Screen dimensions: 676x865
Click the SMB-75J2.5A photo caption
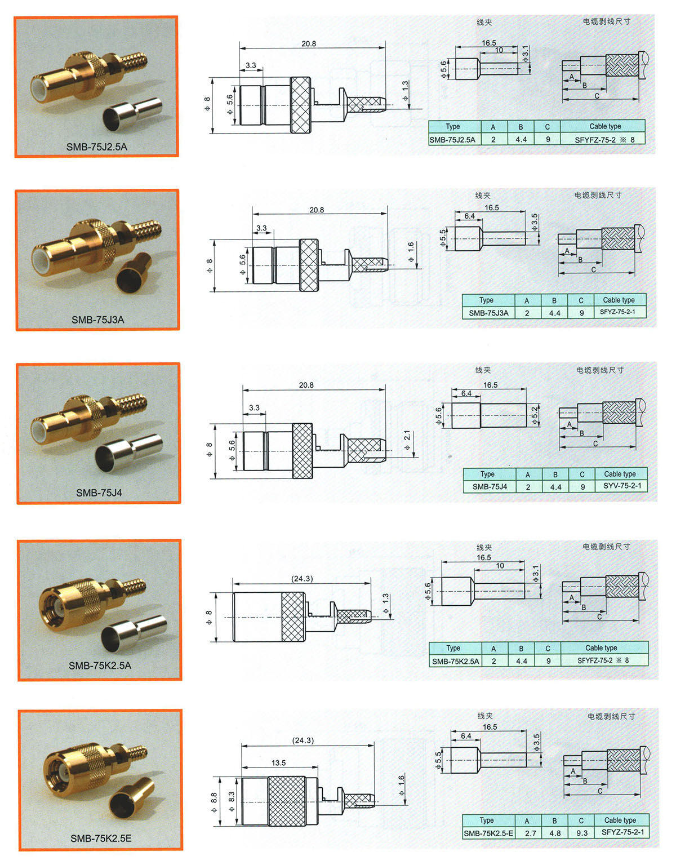point(97,147)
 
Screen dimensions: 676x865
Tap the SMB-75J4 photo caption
point(99,493)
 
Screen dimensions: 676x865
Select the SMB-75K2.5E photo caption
point(101,838)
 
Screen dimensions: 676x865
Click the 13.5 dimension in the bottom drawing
point(278,762)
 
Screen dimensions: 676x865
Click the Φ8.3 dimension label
point(232,801)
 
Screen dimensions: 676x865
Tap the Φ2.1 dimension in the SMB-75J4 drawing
point(407,440)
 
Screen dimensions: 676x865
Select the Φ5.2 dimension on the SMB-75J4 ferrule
point(535,415)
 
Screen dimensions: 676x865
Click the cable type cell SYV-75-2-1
point(622,486)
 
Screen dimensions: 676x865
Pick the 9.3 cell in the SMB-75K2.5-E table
point(582,833)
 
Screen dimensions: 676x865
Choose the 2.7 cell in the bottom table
point(530,833)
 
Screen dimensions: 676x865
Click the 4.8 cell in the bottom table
point(555,833)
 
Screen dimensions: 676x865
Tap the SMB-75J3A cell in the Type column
point(488,313)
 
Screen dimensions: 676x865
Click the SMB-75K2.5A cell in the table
point(456,661)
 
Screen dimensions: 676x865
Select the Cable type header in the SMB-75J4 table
point(620,474)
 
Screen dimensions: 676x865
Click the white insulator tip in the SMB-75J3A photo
point(40,261)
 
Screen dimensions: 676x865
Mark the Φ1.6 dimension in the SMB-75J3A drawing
point(411,251)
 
